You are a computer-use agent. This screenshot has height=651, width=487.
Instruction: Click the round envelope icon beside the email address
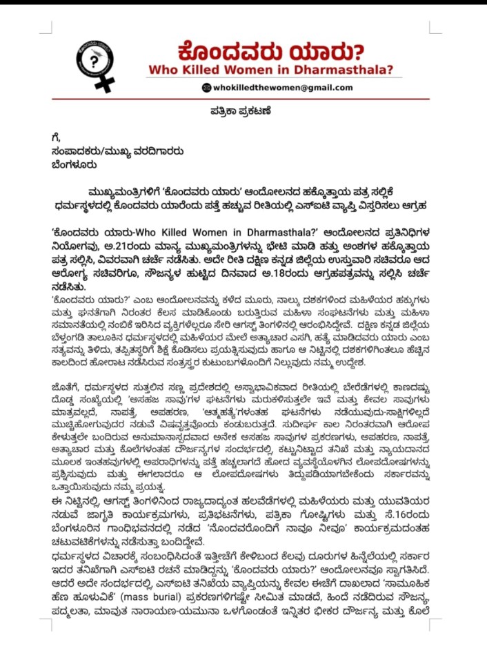[206, 88]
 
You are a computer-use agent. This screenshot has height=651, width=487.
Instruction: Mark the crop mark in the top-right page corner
[434, 28]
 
